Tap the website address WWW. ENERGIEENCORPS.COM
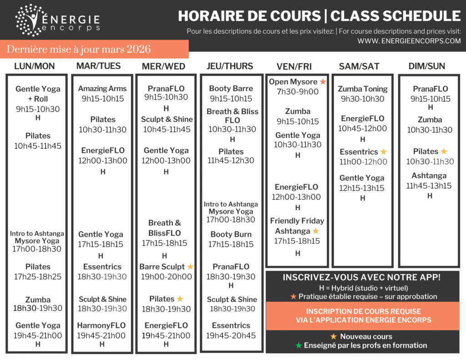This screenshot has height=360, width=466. [x=409, y=41]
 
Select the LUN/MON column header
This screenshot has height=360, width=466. [x=35, y=66]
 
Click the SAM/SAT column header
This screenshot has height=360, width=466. [x=359, y=66]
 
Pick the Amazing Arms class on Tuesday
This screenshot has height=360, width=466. [x=102, y=89]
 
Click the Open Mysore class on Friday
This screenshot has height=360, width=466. [x=293, y=82]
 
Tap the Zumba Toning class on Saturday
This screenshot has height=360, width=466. [x=363, y=89]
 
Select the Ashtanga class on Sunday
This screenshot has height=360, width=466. [x=429, y=176]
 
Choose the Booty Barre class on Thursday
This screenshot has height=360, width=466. [x=231, y=89]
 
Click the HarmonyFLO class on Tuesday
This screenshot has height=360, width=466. [x=101, y=325]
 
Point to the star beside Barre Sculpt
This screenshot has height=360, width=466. [x=190, y=267]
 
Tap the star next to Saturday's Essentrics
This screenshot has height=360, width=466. [x=384, y=152]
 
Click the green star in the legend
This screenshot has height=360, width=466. [x=299, y=345]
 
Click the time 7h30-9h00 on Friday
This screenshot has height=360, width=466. [x=298, y=92]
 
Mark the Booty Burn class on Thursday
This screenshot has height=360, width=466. [x=231, y=234]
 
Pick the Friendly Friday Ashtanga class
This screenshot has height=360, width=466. [x=297, y=226]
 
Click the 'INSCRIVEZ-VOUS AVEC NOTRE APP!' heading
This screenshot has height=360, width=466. [x=362, y=278]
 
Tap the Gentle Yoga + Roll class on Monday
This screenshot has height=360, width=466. [x=38, y=94]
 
